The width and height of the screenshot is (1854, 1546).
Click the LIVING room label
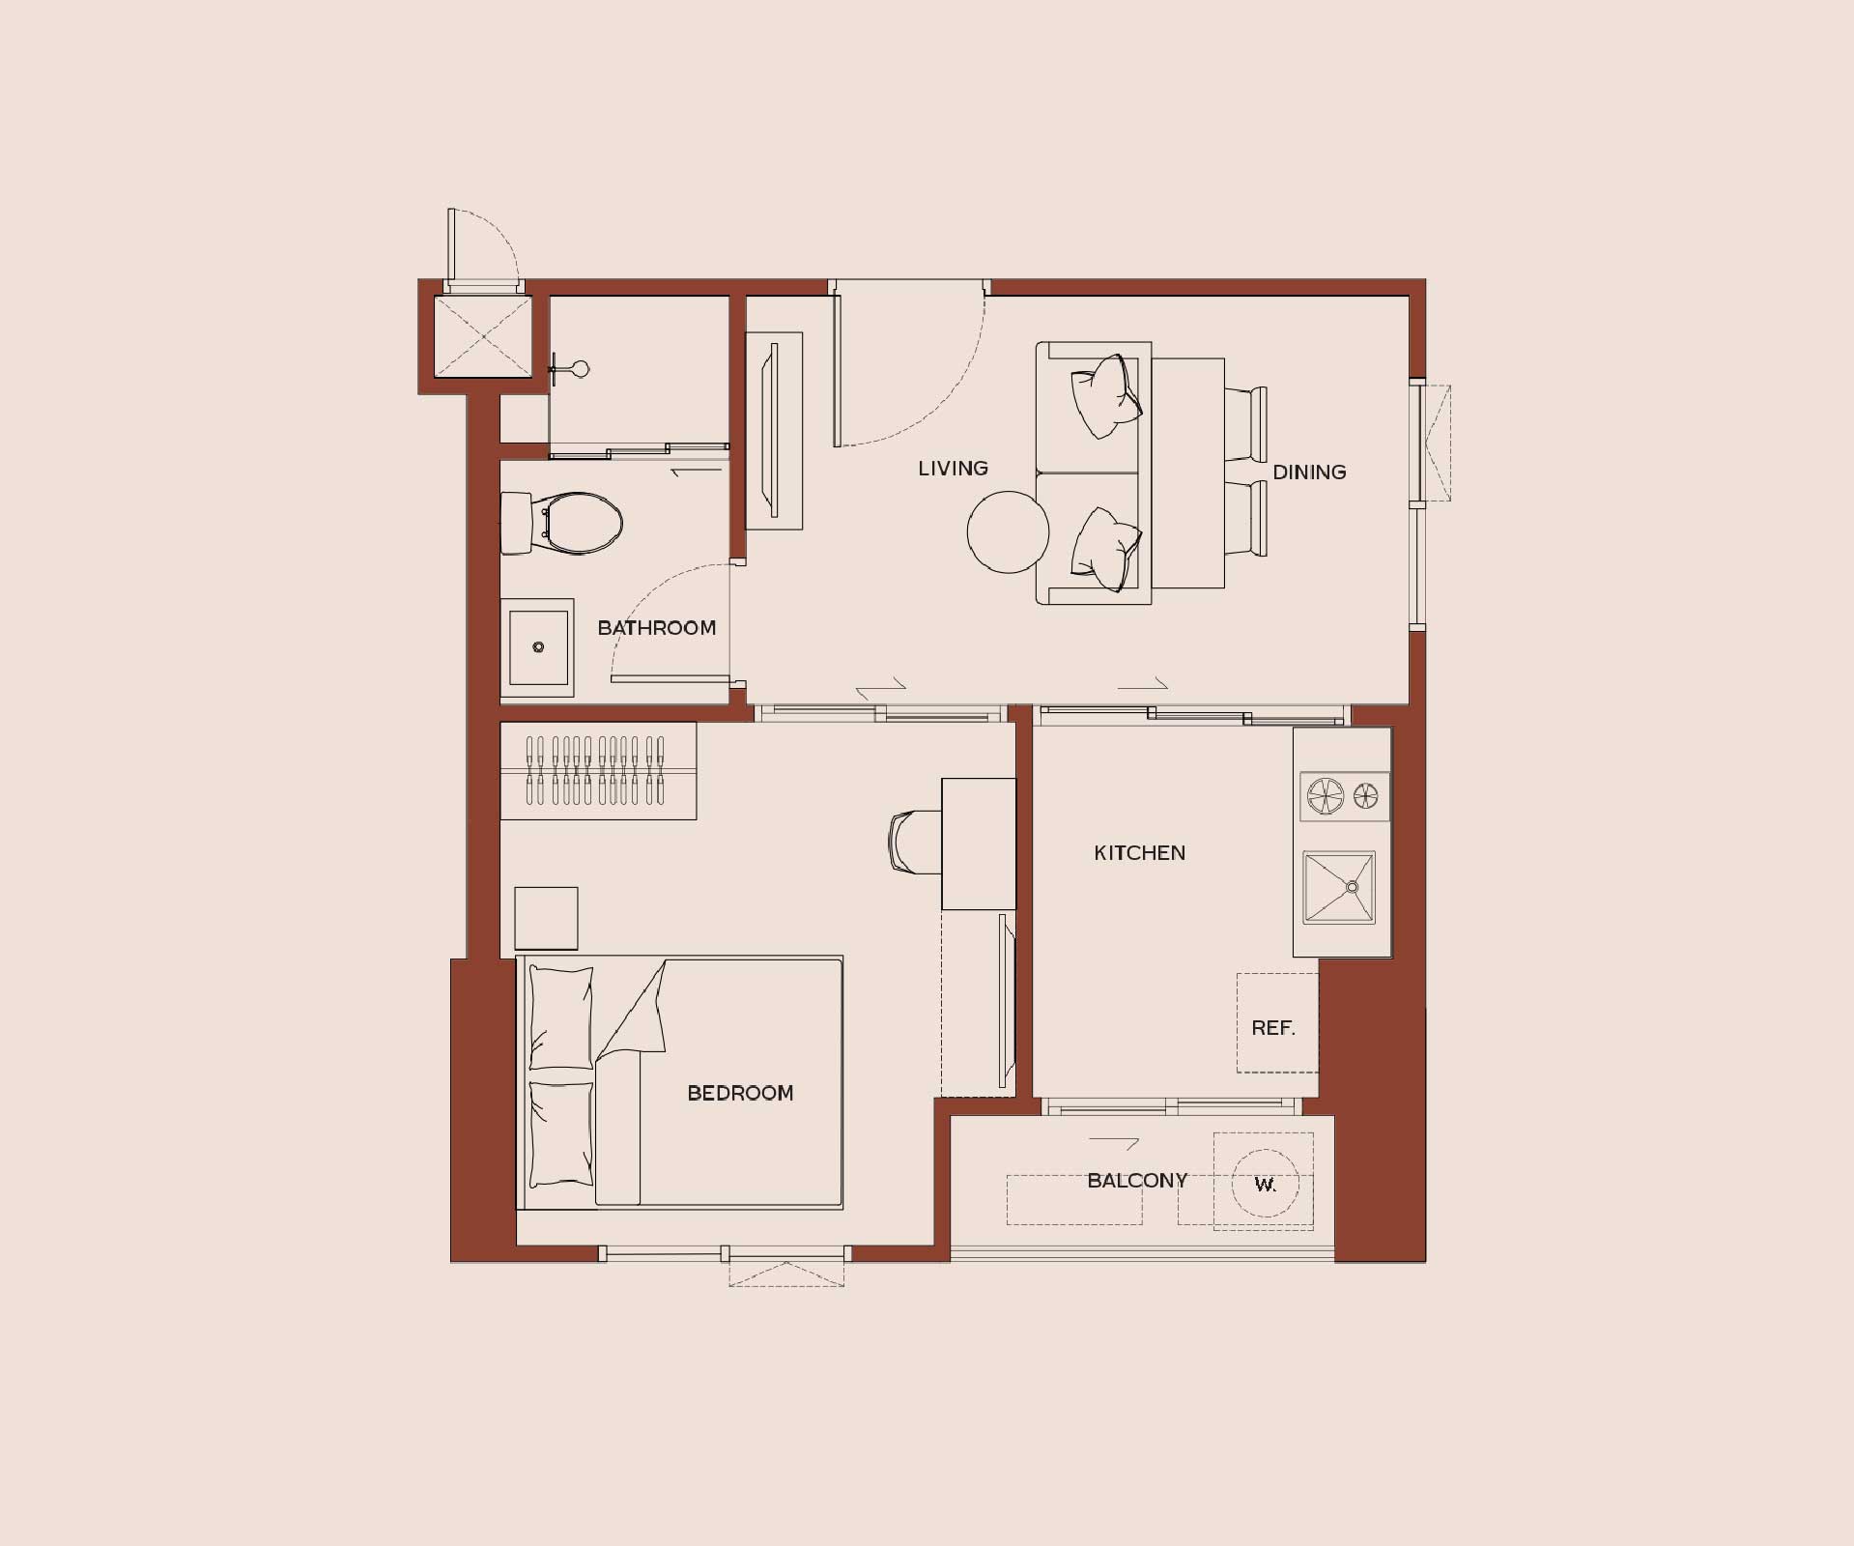(953, 469)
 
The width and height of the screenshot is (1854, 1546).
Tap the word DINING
(1309, 472)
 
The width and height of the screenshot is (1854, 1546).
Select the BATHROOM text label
(657, 628)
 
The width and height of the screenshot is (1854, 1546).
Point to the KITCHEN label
(1139, 853)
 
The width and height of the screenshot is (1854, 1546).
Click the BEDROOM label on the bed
(740, 1093)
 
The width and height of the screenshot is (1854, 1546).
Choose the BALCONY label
(1137, 1181)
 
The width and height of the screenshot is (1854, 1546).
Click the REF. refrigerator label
(1273, 1028)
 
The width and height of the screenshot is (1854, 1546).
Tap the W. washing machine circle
(1265, 1184)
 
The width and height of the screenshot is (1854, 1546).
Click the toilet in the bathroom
(561, 524)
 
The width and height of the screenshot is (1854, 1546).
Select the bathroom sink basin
(537, 647)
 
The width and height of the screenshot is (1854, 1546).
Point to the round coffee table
(1008, 531)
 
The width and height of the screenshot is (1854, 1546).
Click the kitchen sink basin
(1339, 887)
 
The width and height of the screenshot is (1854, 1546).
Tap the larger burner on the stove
(1325, 796)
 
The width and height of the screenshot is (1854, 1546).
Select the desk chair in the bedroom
(914, 843)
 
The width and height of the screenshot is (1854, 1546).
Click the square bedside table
(546, 918)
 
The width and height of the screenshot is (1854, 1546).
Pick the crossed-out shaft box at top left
(483, 336)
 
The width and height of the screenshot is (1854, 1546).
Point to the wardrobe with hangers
(598, 771)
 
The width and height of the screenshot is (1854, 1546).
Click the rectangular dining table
(1187, 473)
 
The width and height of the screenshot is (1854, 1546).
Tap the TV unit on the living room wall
(774, 431)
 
